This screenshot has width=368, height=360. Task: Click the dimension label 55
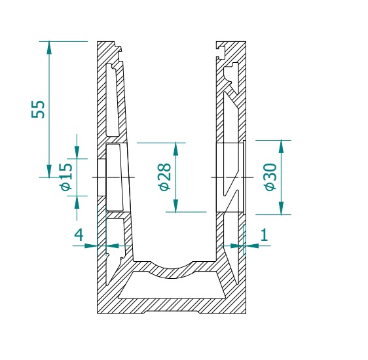[x=38, y=109]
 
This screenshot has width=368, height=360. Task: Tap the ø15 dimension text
[x=66, y=177]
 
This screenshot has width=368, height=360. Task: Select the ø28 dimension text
[x=164, y=177]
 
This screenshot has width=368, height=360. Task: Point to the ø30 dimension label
[x=270, y=177]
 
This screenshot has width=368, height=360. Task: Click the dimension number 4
[x=79, y=235]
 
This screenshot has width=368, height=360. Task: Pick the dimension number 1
[x=265, y=235]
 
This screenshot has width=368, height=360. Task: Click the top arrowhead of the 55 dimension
[x=49, y=48]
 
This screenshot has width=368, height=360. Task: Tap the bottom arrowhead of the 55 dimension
[x=49, y=171]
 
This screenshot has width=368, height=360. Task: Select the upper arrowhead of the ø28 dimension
[x=175, y=149]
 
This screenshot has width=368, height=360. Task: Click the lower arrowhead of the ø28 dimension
[x=175, y=206]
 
